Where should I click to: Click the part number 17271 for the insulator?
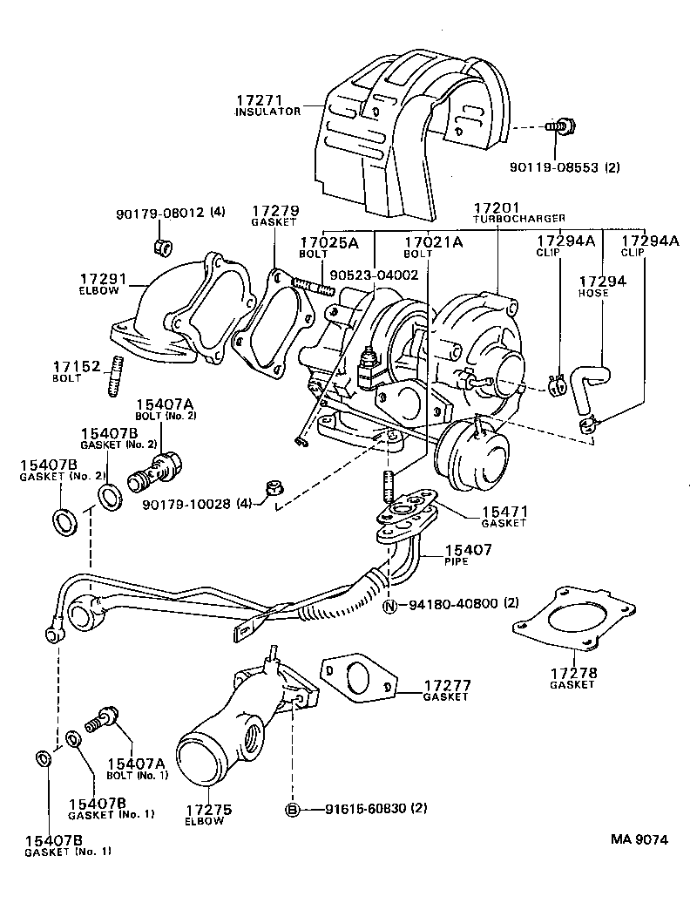(x=256, y=100)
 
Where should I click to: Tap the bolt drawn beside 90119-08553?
(x=559, y=128)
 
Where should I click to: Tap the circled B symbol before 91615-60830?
(x=294, y=808)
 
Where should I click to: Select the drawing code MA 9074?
(x=639, y=840)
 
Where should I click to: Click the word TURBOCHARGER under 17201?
(x=519, y=218)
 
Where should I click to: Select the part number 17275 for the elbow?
(x=203, y=810)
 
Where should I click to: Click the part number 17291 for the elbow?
(x=104, y=279)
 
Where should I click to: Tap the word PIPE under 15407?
(x=457, y=561)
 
